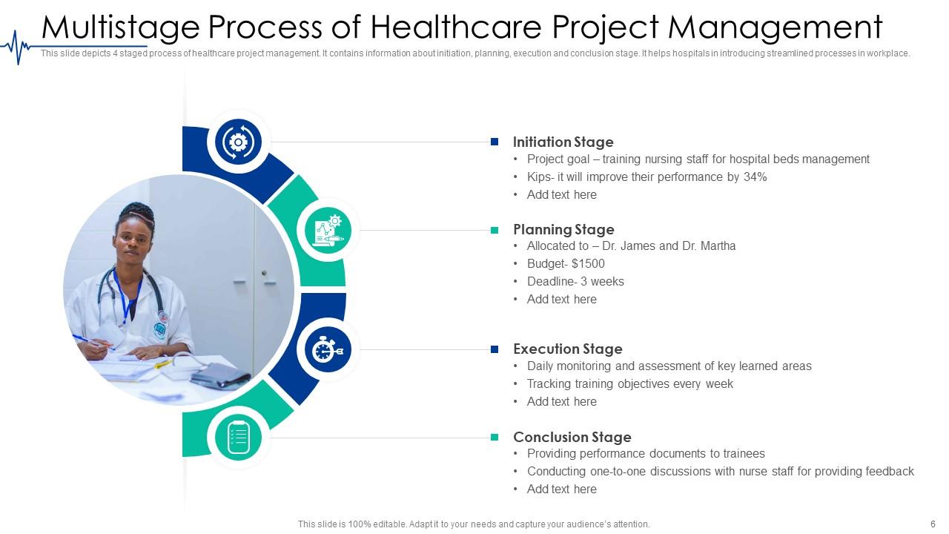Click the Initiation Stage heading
pyautogui.click(x=563, y=142)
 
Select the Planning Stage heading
pyautogui.click(x=563, y=230)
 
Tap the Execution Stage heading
pyautogui.click(x=568, y=349)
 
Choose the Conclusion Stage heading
pyautogui.click(x=572, y=437)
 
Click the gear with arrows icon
pyautogui.click(x=238, y=142)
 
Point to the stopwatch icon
pyautogui.click(x=328, y=350)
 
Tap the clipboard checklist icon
pyautogui.click(x=238, y=438)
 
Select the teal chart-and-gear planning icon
pyautogui.click(x=328, y=231)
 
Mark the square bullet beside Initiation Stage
pyautogui.click(x=495, y=142)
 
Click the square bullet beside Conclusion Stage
pyautogui.click(x=495, y=437)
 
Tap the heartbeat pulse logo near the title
pyautogui.click(x=16, y=47)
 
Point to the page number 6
pyautogui.click(x=933, y=524)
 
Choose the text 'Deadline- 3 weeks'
pyautogui.click(x=575, y=281)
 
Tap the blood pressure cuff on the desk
pyautogui.click(x=220, y=375)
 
